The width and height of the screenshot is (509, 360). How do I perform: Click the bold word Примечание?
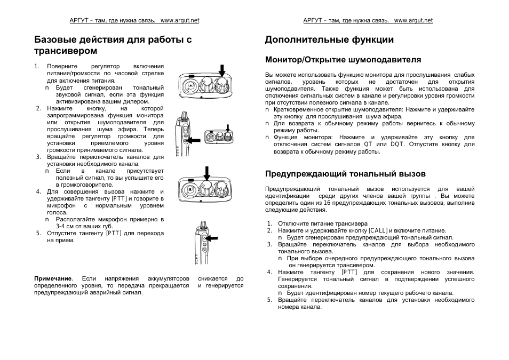point(53,278)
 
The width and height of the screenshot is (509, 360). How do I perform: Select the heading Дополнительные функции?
point(329,39)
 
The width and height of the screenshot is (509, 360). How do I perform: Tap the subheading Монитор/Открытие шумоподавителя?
point(343,60)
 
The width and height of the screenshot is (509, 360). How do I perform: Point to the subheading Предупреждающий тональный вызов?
point(345,174)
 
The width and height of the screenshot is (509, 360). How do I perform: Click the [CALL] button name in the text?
point(378,230)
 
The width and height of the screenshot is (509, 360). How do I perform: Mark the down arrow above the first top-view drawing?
point(222,68)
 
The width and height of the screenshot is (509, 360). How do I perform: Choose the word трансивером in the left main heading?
point(66,51)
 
